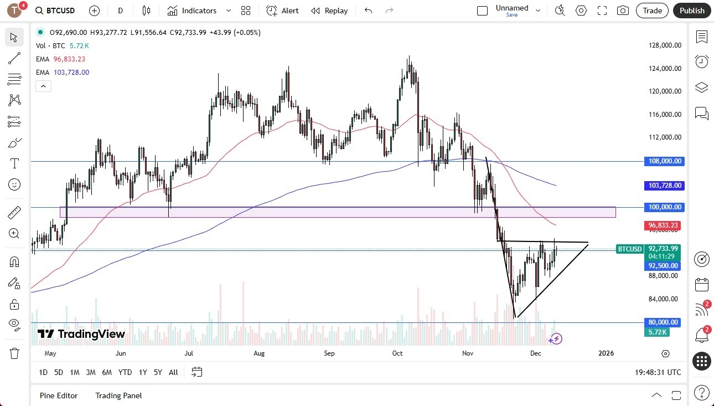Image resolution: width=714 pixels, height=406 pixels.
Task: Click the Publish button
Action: [x=692, y=11]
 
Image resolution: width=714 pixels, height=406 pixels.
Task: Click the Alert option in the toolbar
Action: [x=282, y=11]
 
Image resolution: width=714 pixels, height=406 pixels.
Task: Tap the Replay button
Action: [x=329, y=11]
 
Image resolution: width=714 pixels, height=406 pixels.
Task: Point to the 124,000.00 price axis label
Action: [x=664, y=69]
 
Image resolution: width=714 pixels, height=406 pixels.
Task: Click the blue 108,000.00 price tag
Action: [x=664, y=161]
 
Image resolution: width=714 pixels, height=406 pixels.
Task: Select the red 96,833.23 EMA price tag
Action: [x=663, y=225]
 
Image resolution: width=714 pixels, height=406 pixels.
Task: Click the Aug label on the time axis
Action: [x=259, y=353]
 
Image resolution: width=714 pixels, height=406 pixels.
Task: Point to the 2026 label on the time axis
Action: [x=606, y=353]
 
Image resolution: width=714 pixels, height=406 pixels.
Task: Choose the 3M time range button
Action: [x=91, y=372]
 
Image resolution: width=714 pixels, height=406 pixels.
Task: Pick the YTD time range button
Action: [x=125, y=372]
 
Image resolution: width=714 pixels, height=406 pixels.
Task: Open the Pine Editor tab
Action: [x=59, y=395]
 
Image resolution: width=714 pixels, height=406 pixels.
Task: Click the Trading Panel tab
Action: [x=118, y=395]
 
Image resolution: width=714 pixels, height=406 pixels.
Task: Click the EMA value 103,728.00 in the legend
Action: [x=71, y=73]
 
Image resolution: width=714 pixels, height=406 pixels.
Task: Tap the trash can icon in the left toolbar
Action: [x=14, y=353]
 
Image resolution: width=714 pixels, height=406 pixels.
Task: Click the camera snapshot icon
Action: [x=623, y=11]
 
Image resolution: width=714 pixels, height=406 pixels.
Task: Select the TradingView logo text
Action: [x=81, y=334]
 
